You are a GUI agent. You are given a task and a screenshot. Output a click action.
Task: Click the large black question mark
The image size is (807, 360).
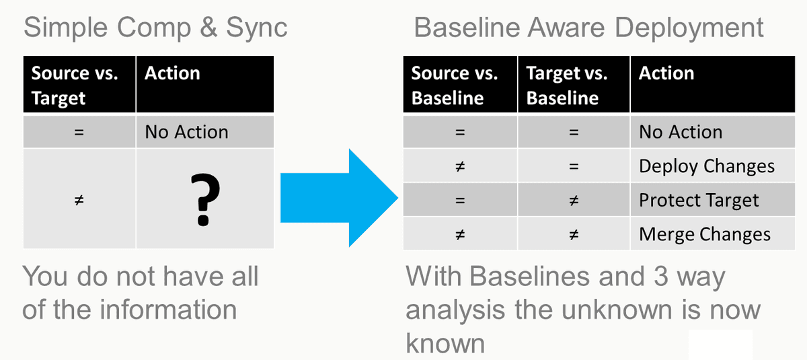coord(204,199)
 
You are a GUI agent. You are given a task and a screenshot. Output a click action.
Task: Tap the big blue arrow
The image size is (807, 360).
coord(339,198)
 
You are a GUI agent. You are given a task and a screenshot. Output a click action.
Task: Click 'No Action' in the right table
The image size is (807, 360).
coord(681,132)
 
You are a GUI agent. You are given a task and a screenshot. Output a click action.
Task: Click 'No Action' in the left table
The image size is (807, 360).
coord(186,132)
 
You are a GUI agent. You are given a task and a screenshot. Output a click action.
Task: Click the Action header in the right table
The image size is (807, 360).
coord(666,73)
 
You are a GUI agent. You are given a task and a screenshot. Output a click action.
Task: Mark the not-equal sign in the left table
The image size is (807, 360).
coord(79,200)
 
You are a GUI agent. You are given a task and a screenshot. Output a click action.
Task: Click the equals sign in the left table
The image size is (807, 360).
coord(79,133)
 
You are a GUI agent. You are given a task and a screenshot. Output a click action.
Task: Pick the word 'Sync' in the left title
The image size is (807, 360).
coord(256,28)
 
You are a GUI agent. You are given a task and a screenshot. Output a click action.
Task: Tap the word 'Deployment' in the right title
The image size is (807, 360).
coord(689,27)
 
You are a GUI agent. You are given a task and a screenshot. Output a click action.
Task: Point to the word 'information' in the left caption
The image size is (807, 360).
coord(168,310)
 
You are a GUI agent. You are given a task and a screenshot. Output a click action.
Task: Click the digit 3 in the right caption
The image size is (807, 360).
coord(660,277)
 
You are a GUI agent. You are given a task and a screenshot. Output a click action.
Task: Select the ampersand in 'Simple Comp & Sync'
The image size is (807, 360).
coord(208,27)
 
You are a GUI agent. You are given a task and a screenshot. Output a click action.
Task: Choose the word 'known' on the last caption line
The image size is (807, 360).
coord(445,343)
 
